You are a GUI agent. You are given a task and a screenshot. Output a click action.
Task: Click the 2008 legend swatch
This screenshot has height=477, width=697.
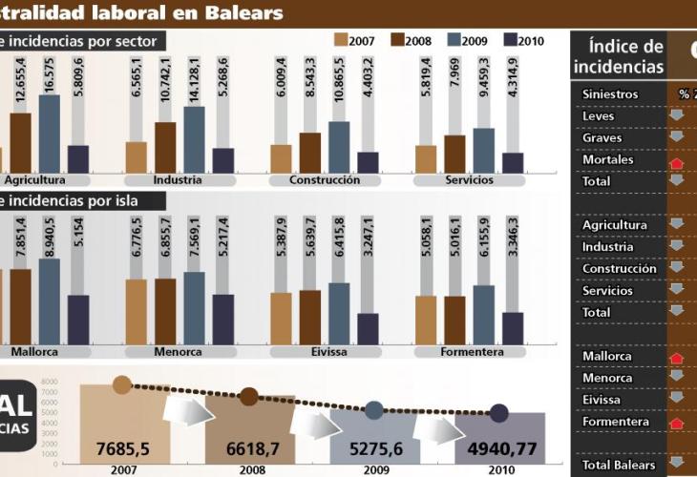click(397, 40)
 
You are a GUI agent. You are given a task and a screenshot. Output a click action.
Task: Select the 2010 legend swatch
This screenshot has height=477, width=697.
click(510, 40)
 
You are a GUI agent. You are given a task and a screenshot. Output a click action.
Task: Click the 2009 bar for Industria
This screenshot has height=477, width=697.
click(194, 137)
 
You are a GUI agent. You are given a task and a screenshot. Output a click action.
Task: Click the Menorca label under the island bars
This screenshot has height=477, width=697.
click(179, 351)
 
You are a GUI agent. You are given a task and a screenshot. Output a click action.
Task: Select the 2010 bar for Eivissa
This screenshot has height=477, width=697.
click(368, 327)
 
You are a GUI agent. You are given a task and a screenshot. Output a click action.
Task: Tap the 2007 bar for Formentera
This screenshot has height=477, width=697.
click(426, 319)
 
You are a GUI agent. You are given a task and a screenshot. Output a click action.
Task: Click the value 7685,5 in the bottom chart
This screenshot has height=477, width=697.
click(122, 446)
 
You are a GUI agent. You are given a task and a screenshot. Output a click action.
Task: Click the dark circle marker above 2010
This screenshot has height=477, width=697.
click(498, 413)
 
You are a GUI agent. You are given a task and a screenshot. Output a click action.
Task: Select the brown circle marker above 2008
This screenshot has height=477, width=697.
click(248, 396)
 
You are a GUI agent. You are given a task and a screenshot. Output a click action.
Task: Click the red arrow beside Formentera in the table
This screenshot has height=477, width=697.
click(677, 422)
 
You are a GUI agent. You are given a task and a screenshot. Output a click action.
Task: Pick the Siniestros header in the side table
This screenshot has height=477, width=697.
click(610, 94)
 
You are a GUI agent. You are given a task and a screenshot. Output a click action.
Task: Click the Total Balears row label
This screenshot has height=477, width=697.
click(619, 465)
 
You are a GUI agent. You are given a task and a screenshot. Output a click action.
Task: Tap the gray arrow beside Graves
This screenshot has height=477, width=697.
click(677, 137)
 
